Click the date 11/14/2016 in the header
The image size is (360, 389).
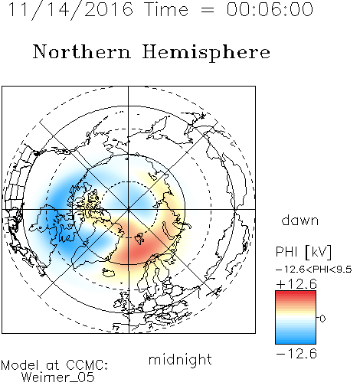pyautogui.click(x=70, y=9)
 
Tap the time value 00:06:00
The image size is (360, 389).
pyautogui.click(x=270, y=9)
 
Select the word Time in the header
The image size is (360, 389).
pyautogui.click(x=166, y=9)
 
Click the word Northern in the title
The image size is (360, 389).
pyautogui.click(x=82, y=51)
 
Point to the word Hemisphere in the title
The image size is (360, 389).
pyautogui.click(x=206, y=53)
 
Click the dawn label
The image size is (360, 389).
pyautogui.click(x=300, y=220)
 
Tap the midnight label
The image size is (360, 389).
pyautogui.click(x=180, y=360)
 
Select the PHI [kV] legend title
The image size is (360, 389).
pyautogui.click(x=303, y=252)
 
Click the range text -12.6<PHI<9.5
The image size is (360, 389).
pyautogui.click(x=314, y=270)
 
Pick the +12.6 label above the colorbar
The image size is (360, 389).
pyautogui.click(x=296, y=284)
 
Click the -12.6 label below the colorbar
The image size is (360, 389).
pyautogui.click(x=296, y=354)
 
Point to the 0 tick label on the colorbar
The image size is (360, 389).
pyautogui.click(x=322, y=319)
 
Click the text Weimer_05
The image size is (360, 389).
pyautogui.click(x=57, y=378)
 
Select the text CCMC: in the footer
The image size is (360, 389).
pyautogui.click(x=87, y=365)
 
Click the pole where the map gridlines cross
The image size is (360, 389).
pyautogui.click(x=129, y=209)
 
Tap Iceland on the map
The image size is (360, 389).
pyautogui.click(x=109, y=273)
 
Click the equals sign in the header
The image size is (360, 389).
pyautogui.click(x=208, y=10)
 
